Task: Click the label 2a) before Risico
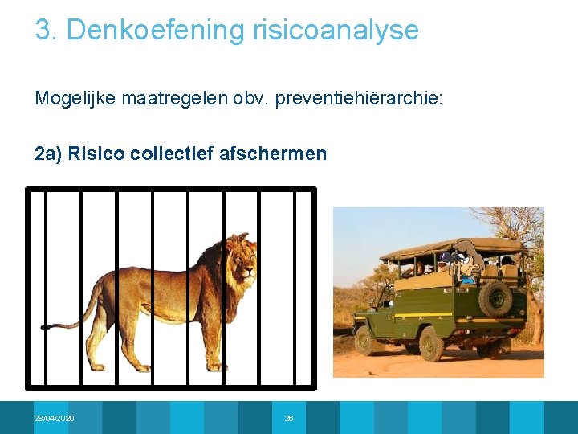coord(49,153)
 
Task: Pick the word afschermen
coord(273,153)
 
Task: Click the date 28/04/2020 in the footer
coord(54,419)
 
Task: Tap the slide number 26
coord(289,419)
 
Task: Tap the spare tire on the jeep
coord(495,298)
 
